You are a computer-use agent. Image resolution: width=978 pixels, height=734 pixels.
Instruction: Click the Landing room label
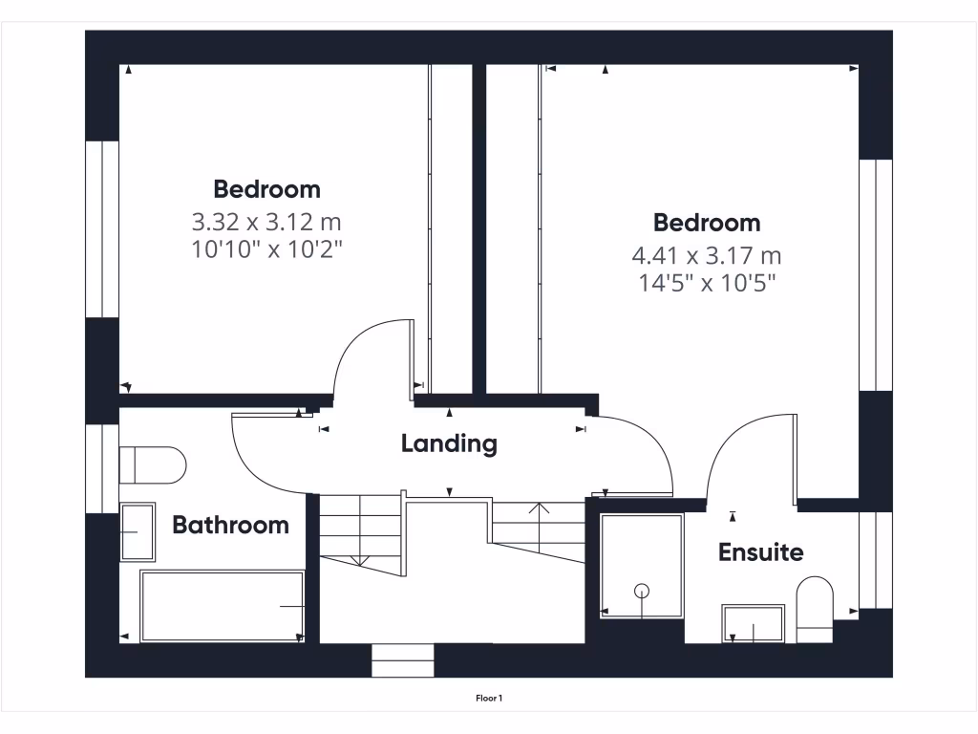[449, 443]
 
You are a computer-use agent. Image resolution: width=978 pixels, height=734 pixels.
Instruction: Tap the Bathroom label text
[230, 525]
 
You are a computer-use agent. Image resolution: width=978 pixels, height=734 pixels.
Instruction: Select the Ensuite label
[760, 552]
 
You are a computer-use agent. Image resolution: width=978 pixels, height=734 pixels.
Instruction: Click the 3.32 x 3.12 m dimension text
[266, 223]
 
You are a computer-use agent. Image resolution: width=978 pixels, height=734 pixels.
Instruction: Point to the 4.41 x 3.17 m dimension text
[707, 256]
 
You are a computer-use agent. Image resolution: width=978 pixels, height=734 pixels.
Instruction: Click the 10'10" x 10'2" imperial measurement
[266, 250]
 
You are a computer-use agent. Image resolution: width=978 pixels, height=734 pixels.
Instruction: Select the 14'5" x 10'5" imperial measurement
[707, 283]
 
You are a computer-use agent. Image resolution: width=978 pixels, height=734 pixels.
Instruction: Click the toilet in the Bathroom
[153, 465]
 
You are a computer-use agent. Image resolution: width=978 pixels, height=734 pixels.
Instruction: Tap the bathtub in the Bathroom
[223, 607]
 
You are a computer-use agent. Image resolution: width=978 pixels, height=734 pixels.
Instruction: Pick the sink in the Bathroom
[138, 532]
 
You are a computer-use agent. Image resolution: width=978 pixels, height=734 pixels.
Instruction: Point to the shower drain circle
[643, 591]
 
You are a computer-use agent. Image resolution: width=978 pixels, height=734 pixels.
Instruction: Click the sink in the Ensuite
[755, 623]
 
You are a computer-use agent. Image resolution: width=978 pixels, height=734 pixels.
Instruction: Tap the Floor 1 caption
[489, 699]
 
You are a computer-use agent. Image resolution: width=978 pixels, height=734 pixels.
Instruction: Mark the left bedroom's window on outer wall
[102, 229]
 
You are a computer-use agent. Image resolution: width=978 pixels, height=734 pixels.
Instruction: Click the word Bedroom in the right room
[707, 224]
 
